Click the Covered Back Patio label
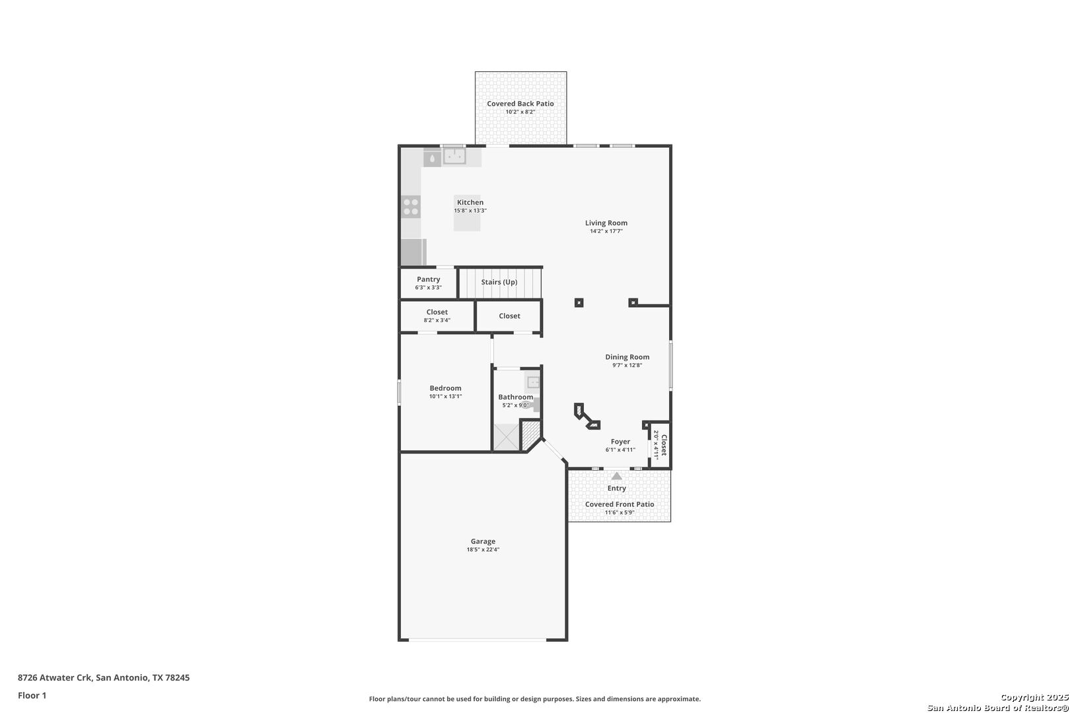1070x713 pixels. point(520,104)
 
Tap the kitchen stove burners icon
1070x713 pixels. point(411,207)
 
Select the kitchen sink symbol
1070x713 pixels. point(454,156)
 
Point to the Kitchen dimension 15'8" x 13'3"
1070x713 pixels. point(470,211)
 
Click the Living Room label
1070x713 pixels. point(606,223)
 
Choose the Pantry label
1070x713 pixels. point(429,279)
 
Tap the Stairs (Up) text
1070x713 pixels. point(499,283)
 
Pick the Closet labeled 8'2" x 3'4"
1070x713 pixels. point(437,312)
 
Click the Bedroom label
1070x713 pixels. point(445,388)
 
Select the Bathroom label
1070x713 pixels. point(515,397)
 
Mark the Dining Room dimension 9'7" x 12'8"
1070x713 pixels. point(627,365)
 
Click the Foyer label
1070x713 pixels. point(620,442)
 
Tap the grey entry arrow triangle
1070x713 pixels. point(617,476)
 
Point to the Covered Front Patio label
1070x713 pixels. point(620,504)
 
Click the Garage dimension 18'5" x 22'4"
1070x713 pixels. point(483,550)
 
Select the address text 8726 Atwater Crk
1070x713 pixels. point(54,677)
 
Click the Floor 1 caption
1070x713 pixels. point(32,696)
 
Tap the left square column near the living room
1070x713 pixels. point(579,303)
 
